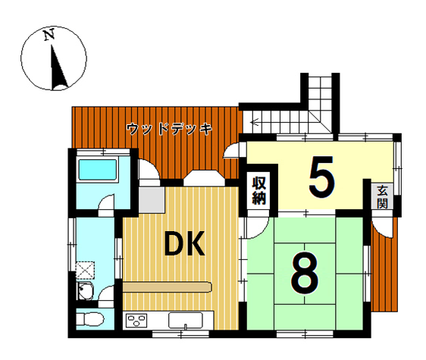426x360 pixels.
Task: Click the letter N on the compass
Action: coord(49,35)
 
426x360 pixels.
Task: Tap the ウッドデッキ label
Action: coord(169,129)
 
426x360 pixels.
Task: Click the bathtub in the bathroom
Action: coord(98,170)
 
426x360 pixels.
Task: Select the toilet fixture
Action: coord(90,319)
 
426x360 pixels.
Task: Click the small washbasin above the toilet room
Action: coord(86,291)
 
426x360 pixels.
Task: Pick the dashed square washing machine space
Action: coord(85,271)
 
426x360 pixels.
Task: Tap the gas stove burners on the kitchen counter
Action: coord(136,321)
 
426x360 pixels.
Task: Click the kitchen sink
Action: coord(186,321)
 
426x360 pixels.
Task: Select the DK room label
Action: coord(184,244)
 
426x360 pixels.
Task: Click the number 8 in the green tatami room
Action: coord(304,273)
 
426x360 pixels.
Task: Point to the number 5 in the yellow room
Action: coord(321,177)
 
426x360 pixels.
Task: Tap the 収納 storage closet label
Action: coord(259,190)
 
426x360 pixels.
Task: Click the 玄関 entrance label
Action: coord(382,197)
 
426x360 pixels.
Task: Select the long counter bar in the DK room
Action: coord(167,287)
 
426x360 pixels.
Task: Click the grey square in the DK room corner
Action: coord(152,200)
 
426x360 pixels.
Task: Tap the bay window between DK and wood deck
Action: coord(204,178)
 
